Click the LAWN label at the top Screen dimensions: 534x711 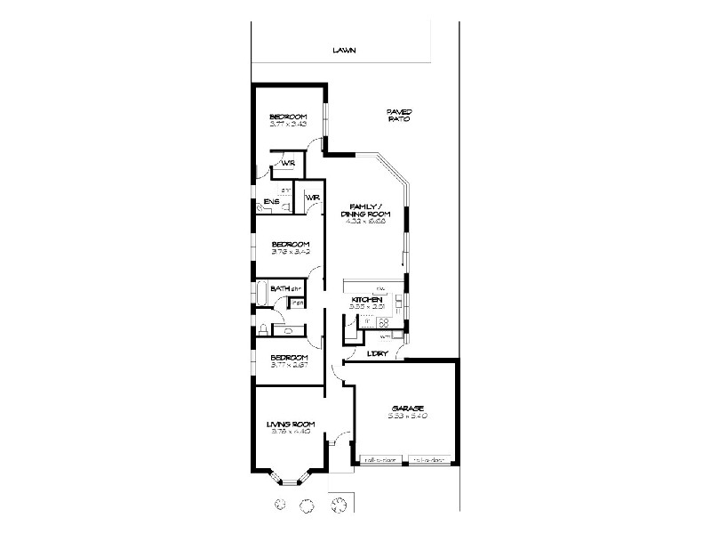344,51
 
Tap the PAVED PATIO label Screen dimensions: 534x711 398,115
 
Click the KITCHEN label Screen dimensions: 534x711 366,301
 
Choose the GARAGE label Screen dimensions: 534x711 406,409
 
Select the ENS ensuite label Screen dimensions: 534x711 272,202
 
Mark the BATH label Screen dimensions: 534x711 280,287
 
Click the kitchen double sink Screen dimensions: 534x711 396,323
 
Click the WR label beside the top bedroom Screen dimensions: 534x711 288,164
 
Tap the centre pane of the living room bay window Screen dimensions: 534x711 290,481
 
